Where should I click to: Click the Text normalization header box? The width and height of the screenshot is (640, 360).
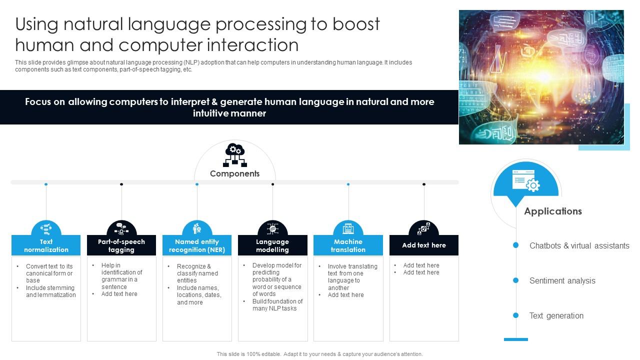[x=46, y=245]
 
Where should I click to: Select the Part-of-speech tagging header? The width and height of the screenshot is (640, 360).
[x=121, y=245]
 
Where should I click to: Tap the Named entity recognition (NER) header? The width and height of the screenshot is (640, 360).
[x=197, y=245]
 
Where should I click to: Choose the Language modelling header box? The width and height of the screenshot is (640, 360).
[x=272, y=245]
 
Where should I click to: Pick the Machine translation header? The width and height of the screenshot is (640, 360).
[x=348, y=245]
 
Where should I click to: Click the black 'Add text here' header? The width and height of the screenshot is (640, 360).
[x=423, y=245]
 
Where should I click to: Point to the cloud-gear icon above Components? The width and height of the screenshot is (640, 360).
[x=234, y=154]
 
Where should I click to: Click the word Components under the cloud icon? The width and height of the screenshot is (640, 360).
[x=234, y=173]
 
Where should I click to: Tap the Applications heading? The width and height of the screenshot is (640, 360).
[x=552, y=211]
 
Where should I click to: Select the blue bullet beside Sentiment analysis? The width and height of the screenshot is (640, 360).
[x=515, y=280]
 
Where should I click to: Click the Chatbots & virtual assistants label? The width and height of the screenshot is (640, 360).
[x=579, y=245]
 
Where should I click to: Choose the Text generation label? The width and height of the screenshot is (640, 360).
[x=556, y=315]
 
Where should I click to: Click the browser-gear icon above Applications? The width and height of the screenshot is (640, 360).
[x=525, y=180]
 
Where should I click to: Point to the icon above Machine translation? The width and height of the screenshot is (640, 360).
[x=348, y=229]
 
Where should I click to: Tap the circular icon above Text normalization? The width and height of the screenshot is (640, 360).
[x=46, y=229]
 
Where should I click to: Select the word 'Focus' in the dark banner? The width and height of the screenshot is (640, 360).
[x=38, y=102]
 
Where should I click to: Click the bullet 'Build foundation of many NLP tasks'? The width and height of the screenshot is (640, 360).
[x=277, y=305]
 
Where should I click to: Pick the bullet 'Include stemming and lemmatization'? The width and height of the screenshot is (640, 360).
[x=50, y=291]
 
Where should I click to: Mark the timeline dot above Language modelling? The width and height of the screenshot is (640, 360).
[x=272, y=184]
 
